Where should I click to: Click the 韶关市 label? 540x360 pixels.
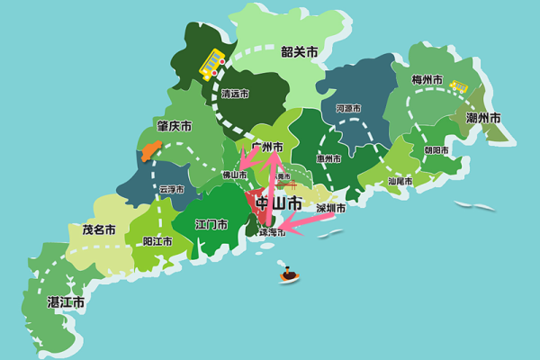tap(300, 52)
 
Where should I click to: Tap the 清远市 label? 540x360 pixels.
tap(235, 93)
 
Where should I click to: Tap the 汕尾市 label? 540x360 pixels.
tap(400, 181)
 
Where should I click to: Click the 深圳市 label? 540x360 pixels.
tap(331, 208)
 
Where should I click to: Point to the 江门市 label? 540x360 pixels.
tap(211, 223)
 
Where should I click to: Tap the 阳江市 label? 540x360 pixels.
tap(159, 241)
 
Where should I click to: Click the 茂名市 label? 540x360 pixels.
tap(99, 229)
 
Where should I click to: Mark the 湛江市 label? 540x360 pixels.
tap(66, 302)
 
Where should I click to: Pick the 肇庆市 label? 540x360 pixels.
tap(174, 126)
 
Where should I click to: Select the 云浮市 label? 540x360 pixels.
tap(171, 189)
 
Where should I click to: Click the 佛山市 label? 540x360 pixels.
tap(236, 175)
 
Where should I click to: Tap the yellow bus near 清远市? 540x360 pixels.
tap(212, 62)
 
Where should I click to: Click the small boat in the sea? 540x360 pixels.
tap(289, 274)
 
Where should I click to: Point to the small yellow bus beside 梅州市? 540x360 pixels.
tap(459, 87)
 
